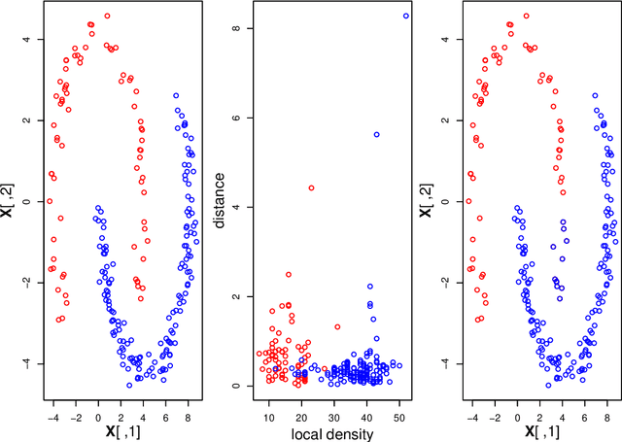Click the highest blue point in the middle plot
pyautogui.click(x=405, y=16)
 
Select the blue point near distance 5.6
pyautogui.click(x=376, y=134)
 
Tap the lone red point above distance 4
pyautogui.click(x=311, y=187)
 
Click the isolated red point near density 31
pyautogui.click(x=337, y=326)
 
